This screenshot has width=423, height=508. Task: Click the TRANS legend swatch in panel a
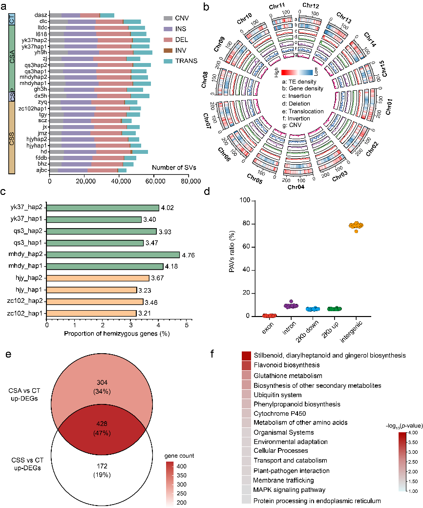click(x=169, y=61)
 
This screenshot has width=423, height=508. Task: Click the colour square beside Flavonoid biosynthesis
click(x=246, y=365)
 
